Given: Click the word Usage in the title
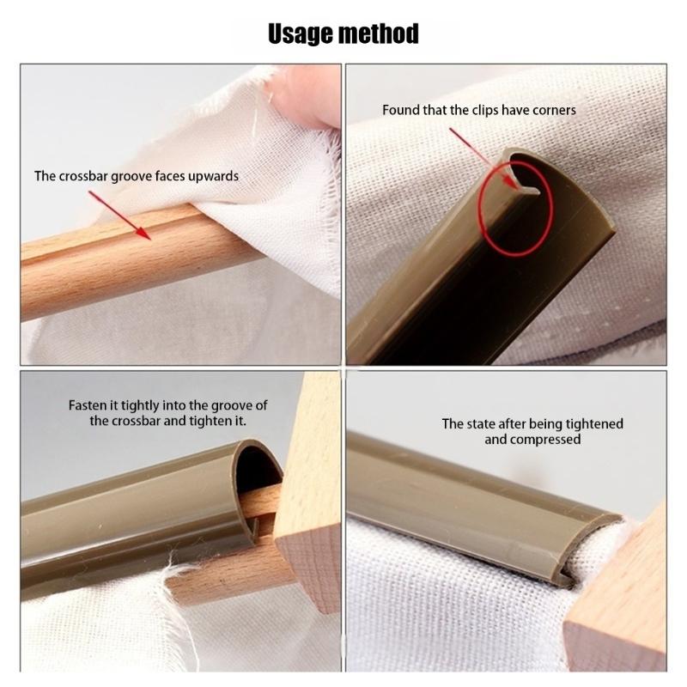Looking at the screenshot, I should (303, 33).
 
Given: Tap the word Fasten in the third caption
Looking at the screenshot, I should (88, 405).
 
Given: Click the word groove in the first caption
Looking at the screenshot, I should (143, 176).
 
